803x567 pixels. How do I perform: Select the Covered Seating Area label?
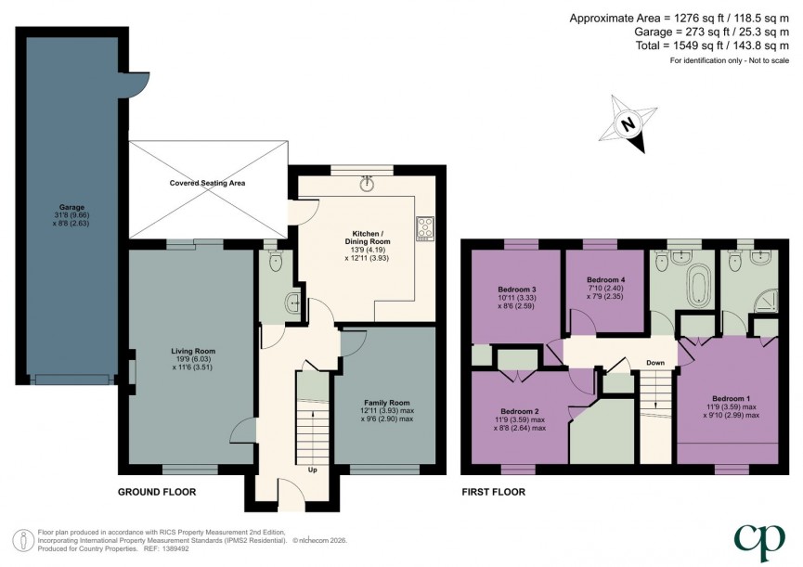click(x=207, y=184)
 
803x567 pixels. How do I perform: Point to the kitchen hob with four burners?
click(x=426, y=227)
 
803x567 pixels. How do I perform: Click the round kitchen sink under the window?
click(x=369, y=183)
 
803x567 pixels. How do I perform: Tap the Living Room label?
click(x=192, y=358)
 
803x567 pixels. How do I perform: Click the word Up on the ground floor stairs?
click(x=313, y=470)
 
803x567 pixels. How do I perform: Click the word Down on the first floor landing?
click(x=654, y=363)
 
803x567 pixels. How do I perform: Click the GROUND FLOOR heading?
click(x=157, y=492)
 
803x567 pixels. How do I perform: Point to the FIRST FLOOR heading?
click(x=494, y=492)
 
